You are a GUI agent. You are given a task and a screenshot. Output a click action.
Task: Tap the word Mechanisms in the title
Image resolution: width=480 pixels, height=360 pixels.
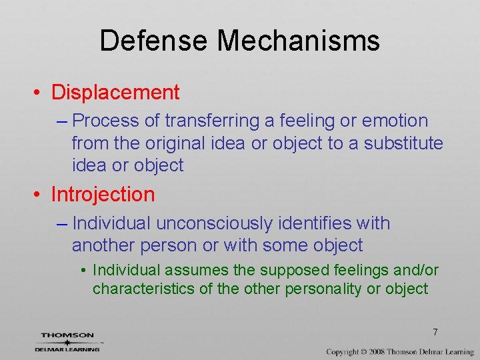[299, 41]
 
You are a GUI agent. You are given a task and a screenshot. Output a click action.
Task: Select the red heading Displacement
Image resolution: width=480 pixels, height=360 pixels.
[115, 92]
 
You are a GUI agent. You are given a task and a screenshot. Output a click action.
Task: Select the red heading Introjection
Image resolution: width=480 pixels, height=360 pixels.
[103, 195]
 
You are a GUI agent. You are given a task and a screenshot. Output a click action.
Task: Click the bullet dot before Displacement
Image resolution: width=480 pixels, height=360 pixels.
[40, 93]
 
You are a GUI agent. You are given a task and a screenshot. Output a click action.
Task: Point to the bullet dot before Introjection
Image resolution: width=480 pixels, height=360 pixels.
[40, 195]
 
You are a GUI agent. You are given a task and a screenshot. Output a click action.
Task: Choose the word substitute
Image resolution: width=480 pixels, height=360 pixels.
[403, 143]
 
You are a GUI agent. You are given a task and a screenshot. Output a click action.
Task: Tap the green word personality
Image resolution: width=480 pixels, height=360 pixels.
[322, 289]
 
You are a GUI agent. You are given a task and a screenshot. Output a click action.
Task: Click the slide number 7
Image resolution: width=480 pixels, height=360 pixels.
[435, 332]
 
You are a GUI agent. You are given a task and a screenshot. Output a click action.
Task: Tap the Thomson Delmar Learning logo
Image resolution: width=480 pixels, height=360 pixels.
[67, 341]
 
